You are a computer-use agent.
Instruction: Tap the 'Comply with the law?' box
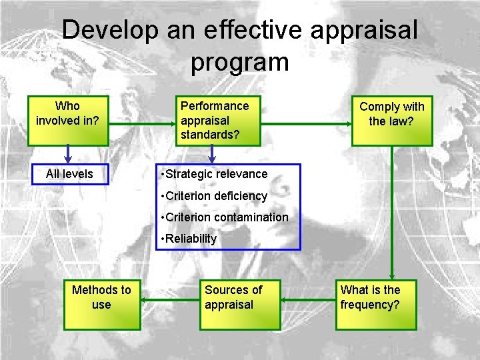[x=392, y=121]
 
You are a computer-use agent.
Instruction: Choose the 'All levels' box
[x=69, y=174]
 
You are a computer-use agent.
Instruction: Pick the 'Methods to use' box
[x=102, y=305]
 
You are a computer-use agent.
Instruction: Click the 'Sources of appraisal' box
[x=243, y=305]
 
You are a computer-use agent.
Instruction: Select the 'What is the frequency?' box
[x=377, y=305]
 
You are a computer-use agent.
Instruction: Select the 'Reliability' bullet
[x=191, y=239]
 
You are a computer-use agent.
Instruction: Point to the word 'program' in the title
[x=239, y=62]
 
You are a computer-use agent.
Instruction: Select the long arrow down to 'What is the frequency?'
[x=392, y=213]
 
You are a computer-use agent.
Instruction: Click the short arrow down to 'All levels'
[x=69, y=155]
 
